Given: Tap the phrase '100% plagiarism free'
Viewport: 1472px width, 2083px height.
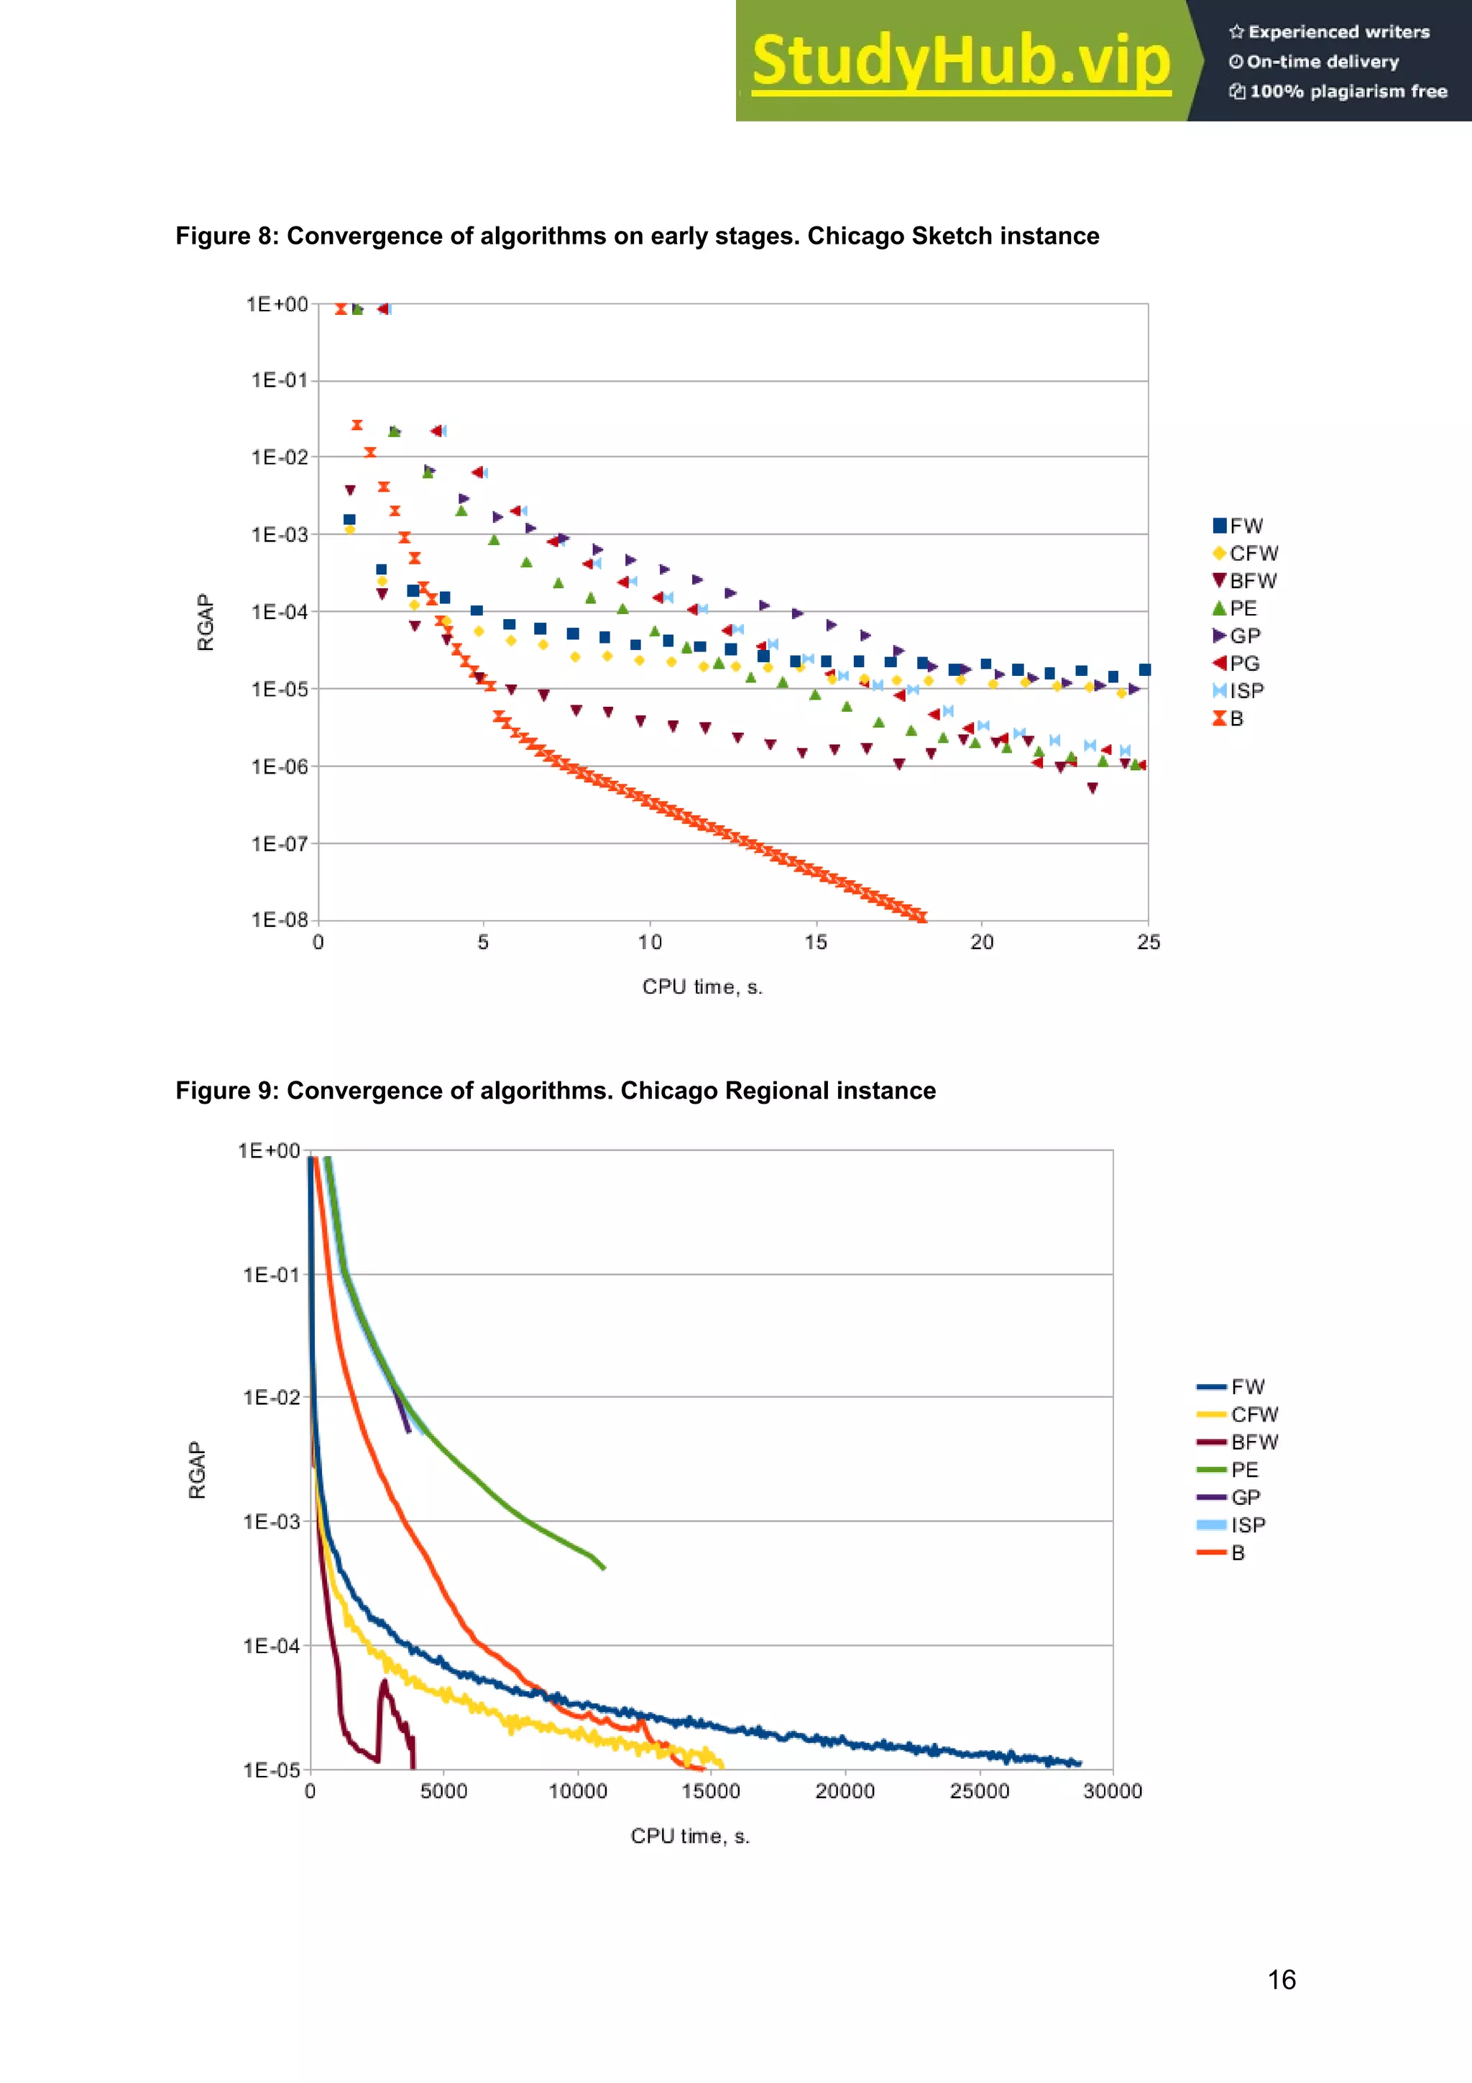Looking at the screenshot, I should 1348,91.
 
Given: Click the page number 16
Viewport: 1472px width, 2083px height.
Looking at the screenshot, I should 1281,1979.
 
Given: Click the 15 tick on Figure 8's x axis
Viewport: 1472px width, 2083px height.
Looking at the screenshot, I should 814,943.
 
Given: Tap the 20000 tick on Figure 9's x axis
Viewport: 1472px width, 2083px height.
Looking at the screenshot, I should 845,1791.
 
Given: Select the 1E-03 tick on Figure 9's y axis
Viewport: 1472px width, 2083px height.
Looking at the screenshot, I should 270,1521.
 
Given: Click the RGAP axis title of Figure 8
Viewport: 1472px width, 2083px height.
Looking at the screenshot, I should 206,623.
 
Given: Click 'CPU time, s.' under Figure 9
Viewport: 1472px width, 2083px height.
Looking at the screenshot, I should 690,1836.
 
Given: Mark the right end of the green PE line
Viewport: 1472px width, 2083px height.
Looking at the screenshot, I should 604,1567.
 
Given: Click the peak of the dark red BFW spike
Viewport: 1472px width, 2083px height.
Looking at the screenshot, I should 384,1681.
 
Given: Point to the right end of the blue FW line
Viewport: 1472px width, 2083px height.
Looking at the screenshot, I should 1080,1763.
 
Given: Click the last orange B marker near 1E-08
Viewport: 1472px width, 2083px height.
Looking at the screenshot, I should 921,918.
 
